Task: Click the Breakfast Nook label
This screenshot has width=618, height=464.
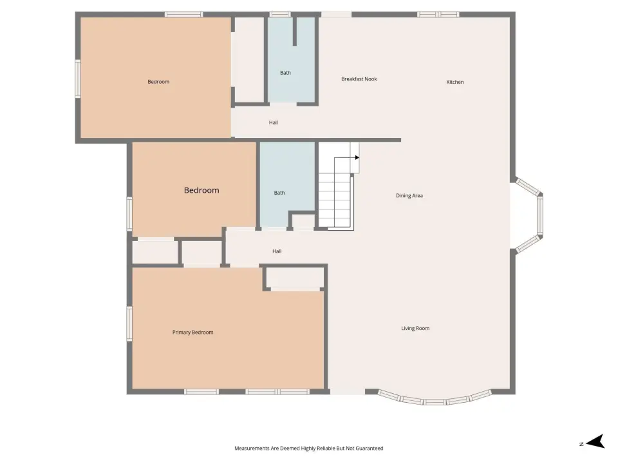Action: coord(359,79)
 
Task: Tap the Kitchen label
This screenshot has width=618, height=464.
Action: coord(455,82)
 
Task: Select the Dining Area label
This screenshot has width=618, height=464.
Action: coord(409,196)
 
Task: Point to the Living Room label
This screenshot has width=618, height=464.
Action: coord(415,328)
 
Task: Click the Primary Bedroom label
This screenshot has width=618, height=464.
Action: coord(192,333)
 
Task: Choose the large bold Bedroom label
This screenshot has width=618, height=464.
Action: coord(201,190)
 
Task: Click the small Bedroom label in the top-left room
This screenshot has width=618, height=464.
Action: coord(158,82)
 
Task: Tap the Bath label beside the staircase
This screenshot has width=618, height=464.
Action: coord(279,193)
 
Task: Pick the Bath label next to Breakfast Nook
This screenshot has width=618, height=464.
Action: coord(285,73)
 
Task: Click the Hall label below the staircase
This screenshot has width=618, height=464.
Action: coord(277,251)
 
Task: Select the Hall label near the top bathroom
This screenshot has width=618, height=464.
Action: coord(273,122)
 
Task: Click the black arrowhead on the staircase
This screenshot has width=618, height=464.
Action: coord(357,158)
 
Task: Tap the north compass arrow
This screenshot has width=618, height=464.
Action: coord(596,441)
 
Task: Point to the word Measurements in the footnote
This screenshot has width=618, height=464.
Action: coord(252,449)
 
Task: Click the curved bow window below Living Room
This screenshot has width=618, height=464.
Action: coord(435,398)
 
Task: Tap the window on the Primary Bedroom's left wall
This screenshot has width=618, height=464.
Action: coord(129,324)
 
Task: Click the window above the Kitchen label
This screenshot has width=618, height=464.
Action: coord(438,15)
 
